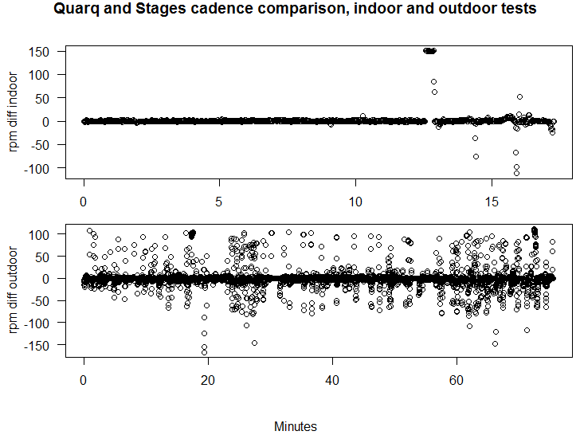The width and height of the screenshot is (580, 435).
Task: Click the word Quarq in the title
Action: (76, 9)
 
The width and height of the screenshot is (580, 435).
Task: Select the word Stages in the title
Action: (161, 9)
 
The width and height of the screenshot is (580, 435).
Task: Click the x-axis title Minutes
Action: (296, 426)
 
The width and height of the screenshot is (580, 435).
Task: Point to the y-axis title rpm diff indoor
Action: (13, 112)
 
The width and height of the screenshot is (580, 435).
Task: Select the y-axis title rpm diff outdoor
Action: (13, 290)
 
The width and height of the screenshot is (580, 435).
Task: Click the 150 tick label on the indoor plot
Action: (39, 52)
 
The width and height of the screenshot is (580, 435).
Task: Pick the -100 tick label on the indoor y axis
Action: (37, 169)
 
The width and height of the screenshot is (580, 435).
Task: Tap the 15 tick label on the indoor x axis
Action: (492, 202)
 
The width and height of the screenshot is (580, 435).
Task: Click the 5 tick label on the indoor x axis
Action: (219, 202)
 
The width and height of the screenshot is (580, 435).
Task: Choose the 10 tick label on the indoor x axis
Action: (355, 202)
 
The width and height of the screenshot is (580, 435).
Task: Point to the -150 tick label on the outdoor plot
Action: (37, 346)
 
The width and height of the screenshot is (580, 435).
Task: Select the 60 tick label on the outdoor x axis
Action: (457, 380)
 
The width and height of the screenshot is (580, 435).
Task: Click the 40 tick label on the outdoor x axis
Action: (332, 380)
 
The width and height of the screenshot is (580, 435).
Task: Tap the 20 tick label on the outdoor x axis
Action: (208, 380)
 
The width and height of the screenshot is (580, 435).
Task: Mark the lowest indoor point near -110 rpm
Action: (517, 173)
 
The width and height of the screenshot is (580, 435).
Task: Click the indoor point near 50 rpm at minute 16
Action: (519, 97)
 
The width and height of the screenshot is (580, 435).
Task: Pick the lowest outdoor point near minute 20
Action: (204, 352)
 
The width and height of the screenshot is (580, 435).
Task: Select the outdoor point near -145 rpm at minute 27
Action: (254, 343)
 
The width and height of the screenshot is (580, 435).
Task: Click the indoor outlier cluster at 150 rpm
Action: (430, 51)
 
